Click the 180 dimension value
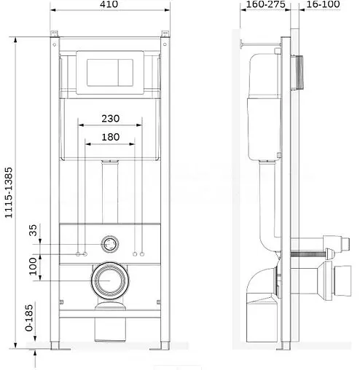point(110,136)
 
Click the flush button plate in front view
point(110,69)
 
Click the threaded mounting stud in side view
point(306,253)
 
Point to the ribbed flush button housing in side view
point(300,71)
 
